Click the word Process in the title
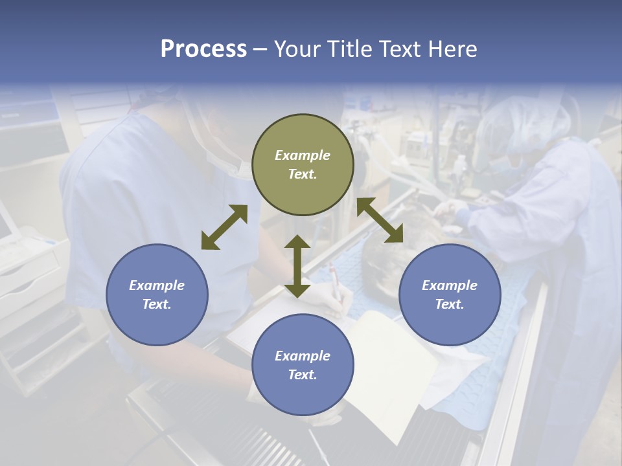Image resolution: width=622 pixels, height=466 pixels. click(x=203, y=49)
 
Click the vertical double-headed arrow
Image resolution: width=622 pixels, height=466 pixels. click(x=297, y=266)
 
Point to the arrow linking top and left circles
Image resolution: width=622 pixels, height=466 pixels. click(x=224, y=227)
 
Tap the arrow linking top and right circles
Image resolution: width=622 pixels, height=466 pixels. click(x=380, y=220)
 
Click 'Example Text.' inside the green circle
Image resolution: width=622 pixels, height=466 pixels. click(x=303, y=164)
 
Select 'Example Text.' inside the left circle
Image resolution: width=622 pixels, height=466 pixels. click(x=157, y=294)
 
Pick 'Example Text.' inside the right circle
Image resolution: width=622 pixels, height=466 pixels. click(x=450, y=294)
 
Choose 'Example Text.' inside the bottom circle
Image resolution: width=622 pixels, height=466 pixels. click(x=303, y=365)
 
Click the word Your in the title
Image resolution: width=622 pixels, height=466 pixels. click(x=295, y=49)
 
